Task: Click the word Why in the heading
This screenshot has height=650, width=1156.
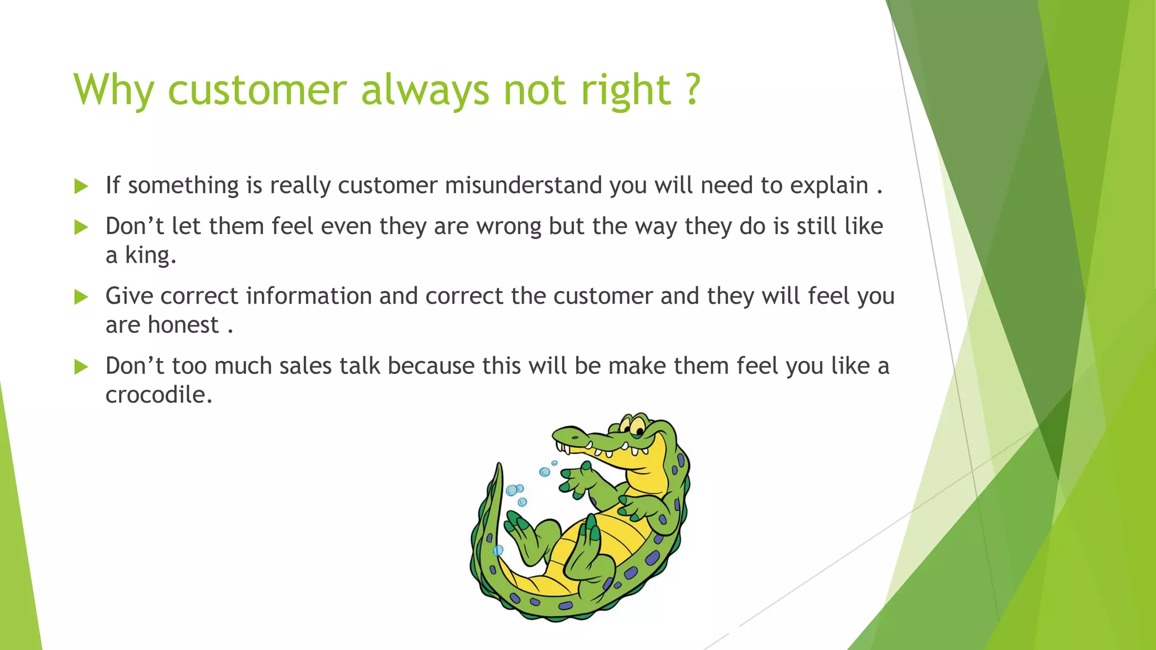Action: tap(113, 90)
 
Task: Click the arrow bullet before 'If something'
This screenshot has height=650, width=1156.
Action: tap(81, 186)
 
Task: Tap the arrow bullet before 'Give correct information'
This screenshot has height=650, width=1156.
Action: tap(81, 297)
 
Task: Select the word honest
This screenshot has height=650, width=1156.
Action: tap(183, 326)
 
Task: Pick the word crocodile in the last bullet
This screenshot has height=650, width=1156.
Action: tap(159, 395)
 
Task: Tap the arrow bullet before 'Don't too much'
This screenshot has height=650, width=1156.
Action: tap(81, 367)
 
